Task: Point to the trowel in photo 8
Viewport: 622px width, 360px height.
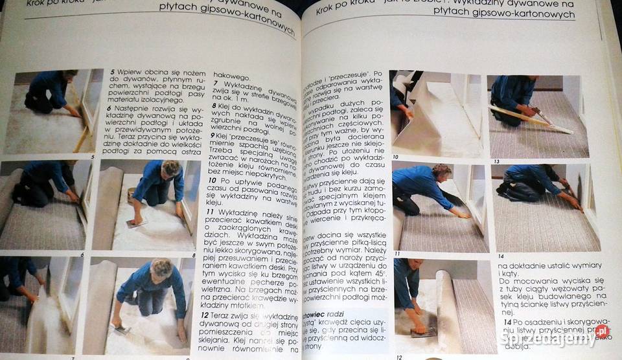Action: [135, 222]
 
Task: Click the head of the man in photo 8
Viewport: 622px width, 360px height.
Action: [171, 170]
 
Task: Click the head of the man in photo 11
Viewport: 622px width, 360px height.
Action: [441, 174]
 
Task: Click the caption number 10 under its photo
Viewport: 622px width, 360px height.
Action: [396, 157]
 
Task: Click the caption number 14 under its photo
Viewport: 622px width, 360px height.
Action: [500, 256]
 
